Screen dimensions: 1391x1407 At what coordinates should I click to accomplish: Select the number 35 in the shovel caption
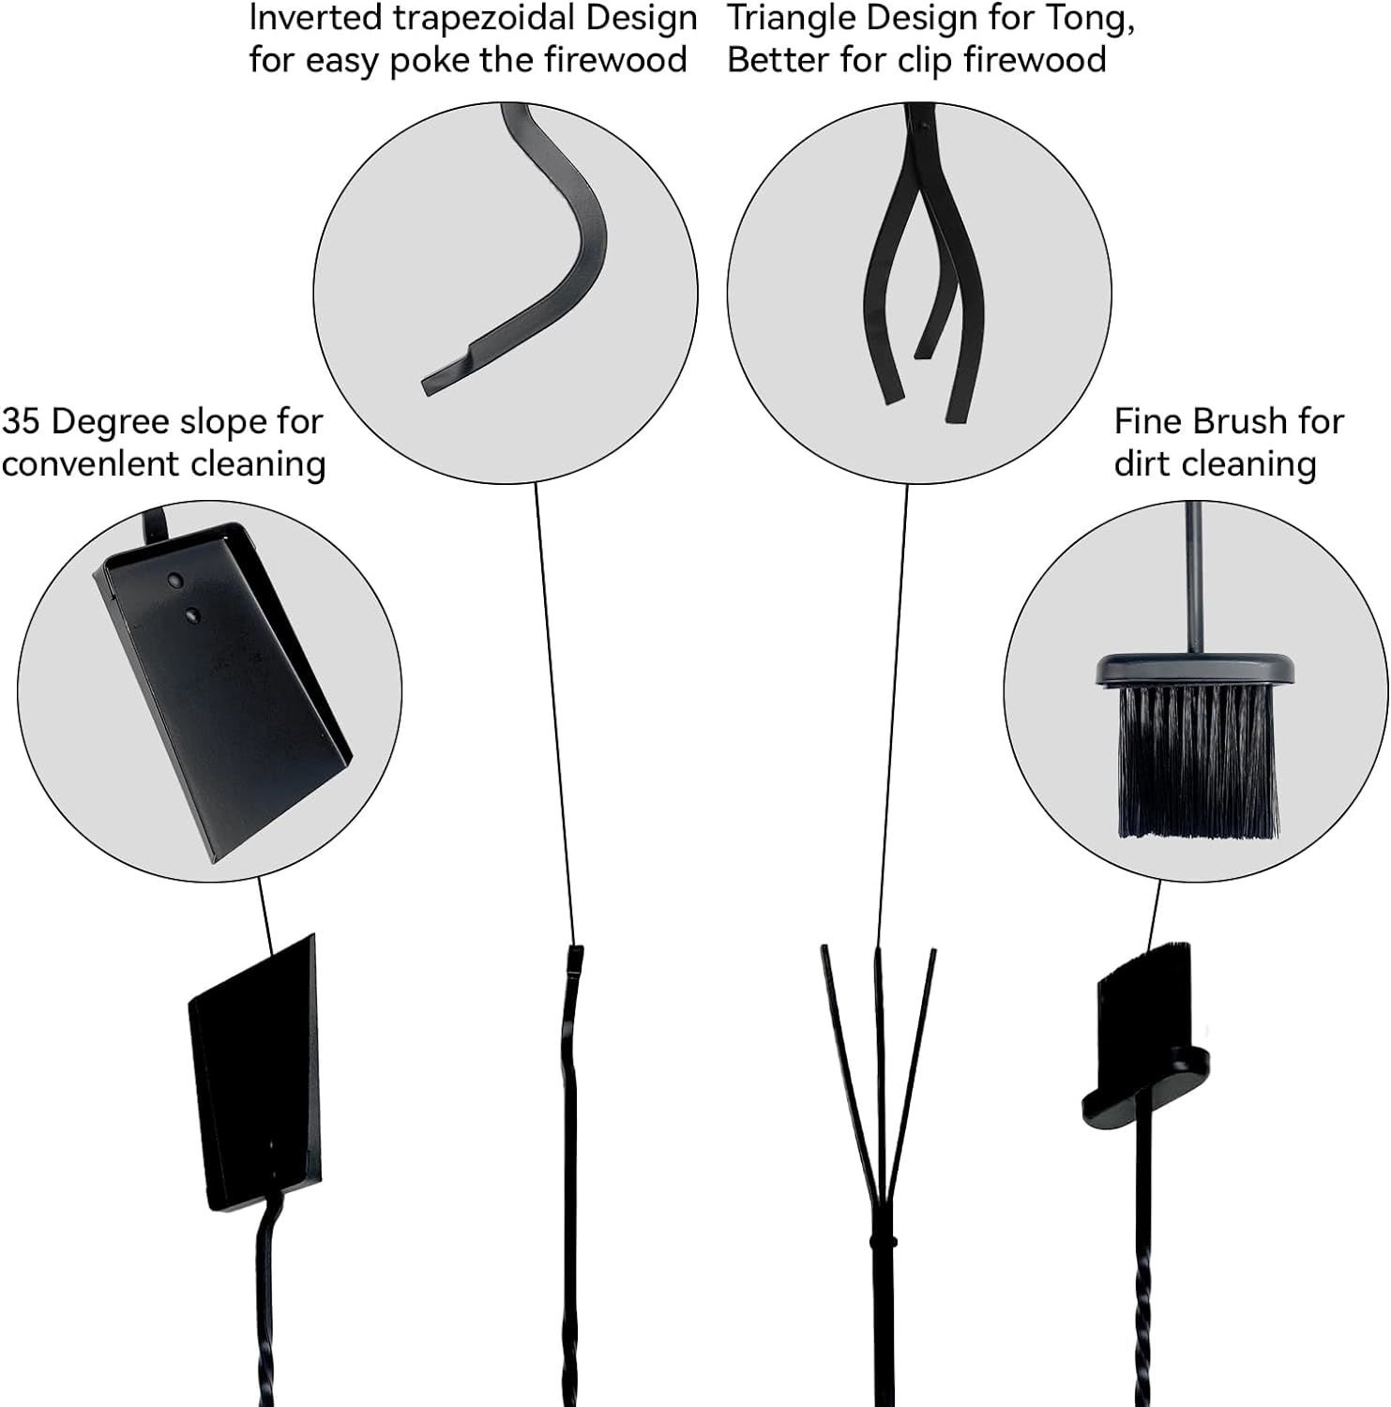click(21, 422)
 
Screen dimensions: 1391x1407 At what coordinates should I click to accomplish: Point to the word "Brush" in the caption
click(1240, 422)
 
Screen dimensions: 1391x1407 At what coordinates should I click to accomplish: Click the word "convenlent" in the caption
click(90, 464)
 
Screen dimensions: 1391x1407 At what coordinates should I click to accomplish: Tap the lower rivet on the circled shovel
click(193, 615)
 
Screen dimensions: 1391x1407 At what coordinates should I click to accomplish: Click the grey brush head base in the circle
click(1196, 670)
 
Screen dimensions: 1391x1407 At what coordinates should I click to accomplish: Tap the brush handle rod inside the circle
click(1194, 578)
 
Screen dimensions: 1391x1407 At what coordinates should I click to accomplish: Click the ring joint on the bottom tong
click(877, 1241)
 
